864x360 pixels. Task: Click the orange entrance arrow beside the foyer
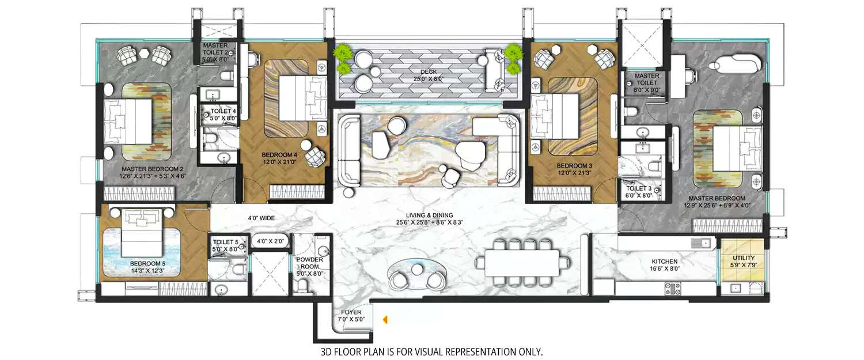click(386, 317)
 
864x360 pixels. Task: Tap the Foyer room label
click(351, 316)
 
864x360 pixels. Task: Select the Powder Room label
click(309, 263)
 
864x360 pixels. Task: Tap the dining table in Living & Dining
click(522, 262)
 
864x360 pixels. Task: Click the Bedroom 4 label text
click(279, 158)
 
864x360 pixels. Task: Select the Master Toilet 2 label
click(215, 52)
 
